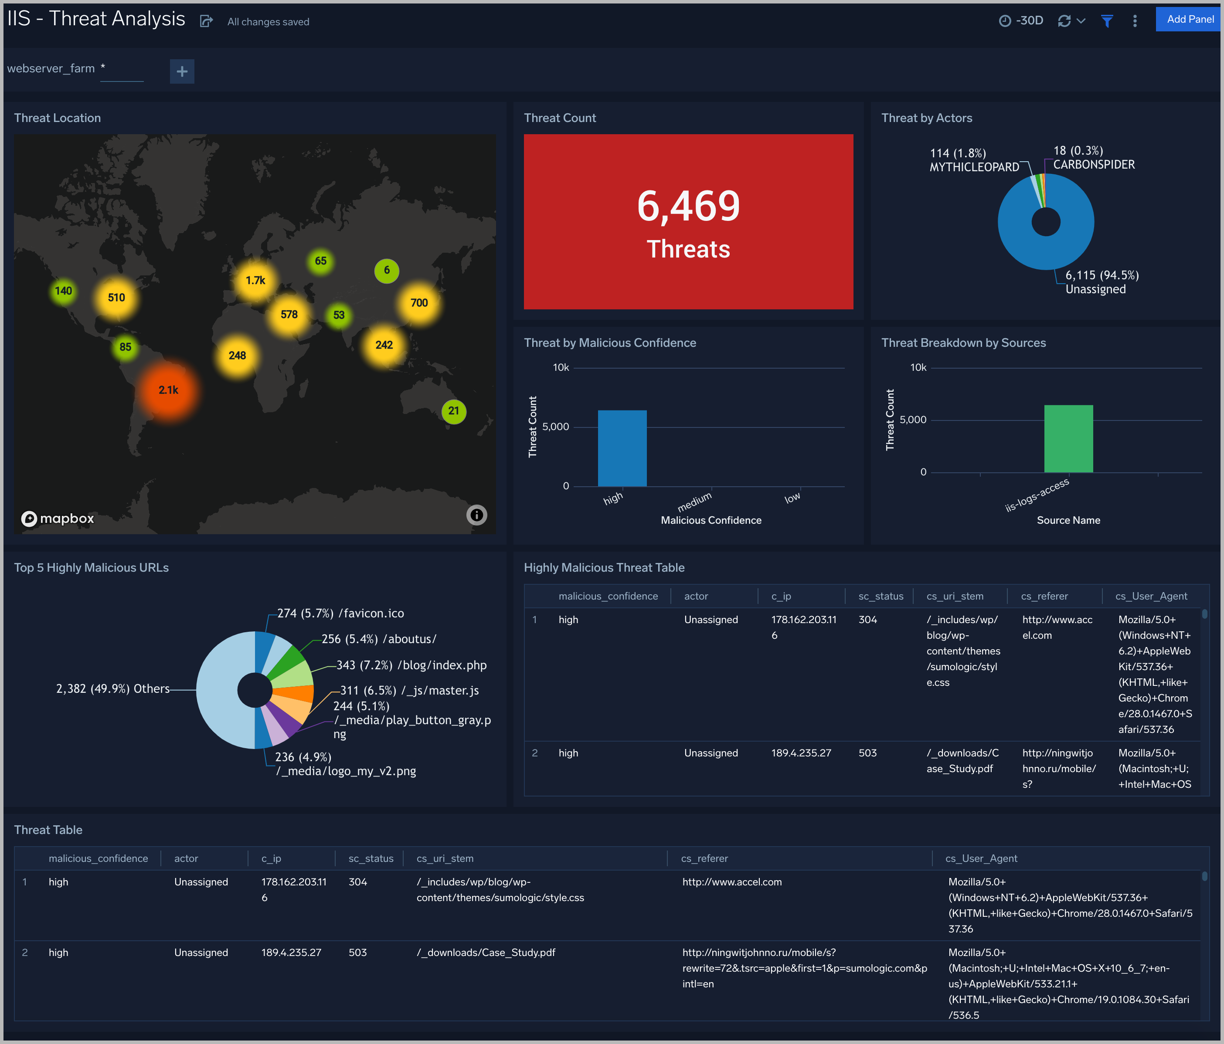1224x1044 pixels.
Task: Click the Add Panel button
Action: (x=1189, y=20)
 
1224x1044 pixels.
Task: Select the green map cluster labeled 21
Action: (x=454, y=411)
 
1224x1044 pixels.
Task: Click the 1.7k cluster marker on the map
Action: (x=255, y=281)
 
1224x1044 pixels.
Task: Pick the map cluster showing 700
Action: (x=419, y=303)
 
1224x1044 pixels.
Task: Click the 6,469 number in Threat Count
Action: (x=688, y=207)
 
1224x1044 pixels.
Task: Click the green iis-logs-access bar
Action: (x=1068, y=438)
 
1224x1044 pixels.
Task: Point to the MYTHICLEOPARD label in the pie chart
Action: (x=974, y=167)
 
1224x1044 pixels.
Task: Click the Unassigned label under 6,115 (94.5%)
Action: (x=1095, y=289)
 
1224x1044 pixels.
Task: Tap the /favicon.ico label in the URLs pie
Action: (x=371, y=614)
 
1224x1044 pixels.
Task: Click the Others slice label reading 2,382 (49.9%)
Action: (x=112, y=688)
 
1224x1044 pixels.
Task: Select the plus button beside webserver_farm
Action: (x=182, y=71)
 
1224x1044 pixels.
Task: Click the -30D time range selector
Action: (x=1021, y=20)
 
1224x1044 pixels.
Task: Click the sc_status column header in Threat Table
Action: (x=371, y=858)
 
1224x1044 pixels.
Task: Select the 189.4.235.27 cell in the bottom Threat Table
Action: (x=291, y=952)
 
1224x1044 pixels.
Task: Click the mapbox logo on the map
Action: (x=58, y=519)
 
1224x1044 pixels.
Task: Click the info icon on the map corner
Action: (x=476, y=515)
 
